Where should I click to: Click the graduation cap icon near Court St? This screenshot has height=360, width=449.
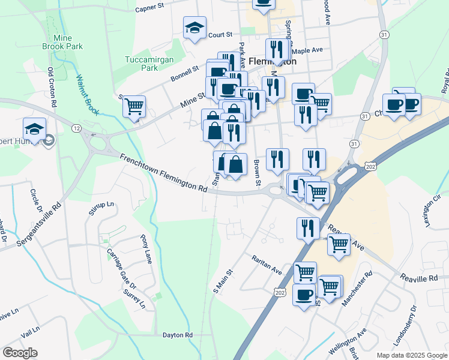(x=194, y=28)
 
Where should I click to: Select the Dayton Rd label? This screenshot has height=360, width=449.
(x=177, y=335)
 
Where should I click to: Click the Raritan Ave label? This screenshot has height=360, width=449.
(x=267, y=264)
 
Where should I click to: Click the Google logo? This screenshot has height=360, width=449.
(x=20, y=353)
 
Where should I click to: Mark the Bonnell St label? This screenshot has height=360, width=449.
(x=184, y=73)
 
